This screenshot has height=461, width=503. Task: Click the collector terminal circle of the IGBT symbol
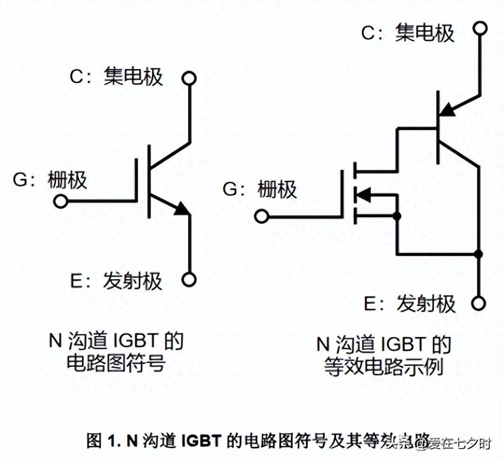189,79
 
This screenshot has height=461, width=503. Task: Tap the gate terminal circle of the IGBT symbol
61,202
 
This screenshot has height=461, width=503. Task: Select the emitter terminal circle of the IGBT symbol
189,280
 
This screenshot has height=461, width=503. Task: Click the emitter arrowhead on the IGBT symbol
182,209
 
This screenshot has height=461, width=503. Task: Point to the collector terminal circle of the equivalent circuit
480,28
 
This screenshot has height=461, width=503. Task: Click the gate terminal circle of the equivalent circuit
261,217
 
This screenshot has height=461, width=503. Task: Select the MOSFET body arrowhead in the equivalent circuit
362,194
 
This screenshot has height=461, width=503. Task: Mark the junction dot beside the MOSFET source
397,216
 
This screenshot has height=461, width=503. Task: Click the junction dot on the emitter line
479,254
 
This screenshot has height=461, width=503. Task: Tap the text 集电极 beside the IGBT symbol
133,76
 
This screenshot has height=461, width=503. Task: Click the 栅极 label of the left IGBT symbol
67,180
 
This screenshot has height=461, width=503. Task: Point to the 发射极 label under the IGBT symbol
133,281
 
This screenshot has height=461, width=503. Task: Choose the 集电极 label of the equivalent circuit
424,34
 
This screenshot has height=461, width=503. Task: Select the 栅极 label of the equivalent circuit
277,190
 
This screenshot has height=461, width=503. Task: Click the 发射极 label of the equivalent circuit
426,303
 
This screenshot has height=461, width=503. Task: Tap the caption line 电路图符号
116,363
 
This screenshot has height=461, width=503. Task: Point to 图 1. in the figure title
104,441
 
